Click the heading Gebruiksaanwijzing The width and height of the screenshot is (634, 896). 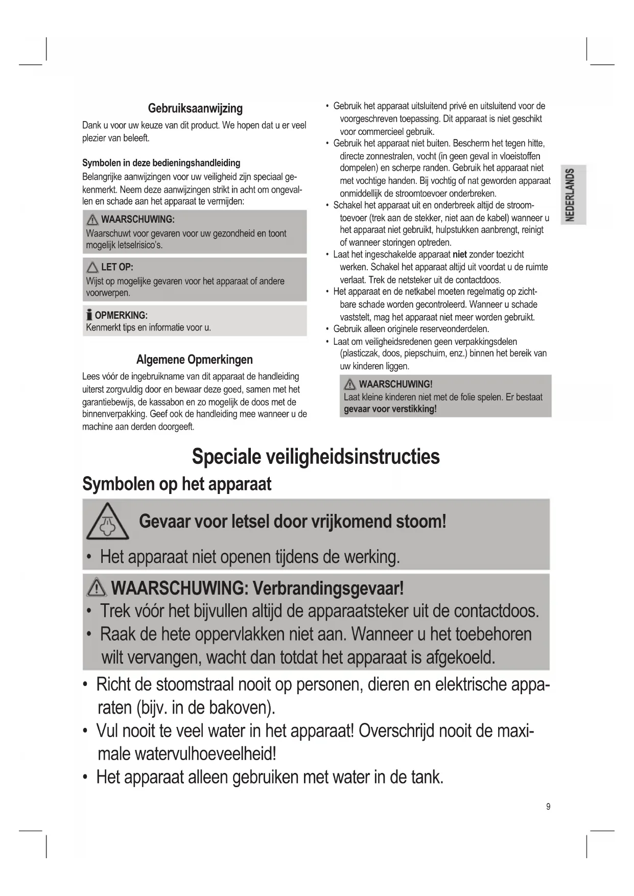[195, 108]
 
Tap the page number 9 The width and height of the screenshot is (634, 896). [548, 807]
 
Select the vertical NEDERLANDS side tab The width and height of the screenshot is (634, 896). [572, 195]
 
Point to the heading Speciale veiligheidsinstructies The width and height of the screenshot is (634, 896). [315, 456]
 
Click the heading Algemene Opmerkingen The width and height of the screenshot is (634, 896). [194, 360]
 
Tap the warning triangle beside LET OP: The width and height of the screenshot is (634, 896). [92, 267]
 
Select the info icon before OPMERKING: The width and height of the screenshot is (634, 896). [89, 315]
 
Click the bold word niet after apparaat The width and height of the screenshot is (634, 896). [460, 254]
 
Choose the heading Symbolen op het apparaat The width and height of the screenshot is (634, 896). [177, 484]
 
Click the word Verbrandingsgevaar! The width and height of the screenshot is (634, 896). [328, 588]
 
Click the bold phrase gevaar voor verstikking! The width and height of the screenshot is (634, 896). [390, 409]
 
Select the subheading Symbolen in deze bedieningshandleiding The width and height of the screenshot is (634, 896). [161, 163]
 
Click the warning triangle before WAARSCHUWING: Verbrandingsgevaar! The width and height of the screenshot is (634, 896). [97, 588]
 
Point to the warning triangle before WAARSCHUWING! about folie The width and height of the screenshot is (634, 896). [350, 384]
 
